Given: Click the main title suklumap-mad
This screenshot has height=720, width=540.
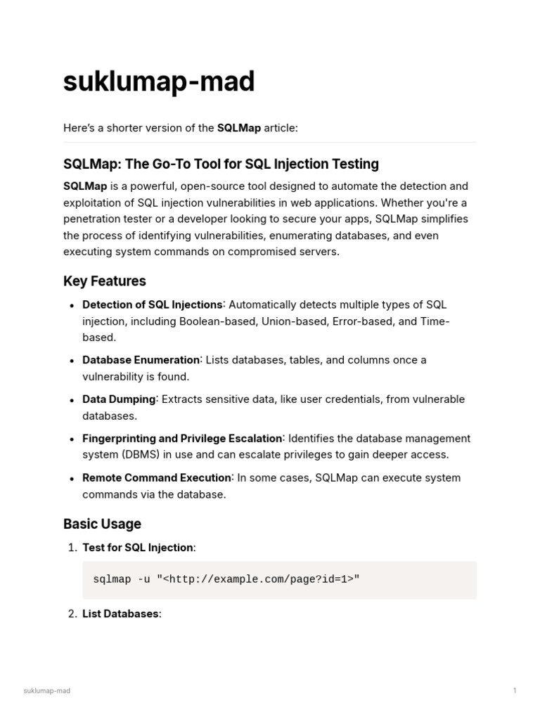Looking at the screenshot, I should click(x=159, y=82).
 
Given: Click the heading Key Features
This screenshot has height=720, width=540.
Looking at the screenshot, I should click(x=105, y=281).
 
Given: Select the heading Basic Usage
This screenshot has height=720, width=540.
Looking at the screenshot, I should click(x=102, y=524).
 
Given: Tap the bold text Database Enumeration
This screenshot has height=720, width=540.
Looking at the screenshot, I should click(x=141, y=360).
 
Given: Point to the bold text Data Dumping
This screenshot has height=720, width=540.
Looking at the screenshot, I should click(x=119, y=399).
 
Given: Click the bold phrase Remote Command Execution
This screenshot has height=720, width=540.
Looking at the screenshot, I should click(x=157, y=478).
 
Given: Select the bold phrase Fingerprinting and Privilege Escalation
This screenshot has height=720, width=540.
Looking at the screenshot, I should click(x=182, y=439).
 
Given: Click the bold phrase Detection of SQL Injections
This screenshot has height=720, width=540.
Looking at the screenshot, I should click(x=152, y=305).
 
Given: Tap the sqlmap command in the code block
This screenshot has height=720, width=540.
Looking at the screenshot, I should click(x=226, y=579).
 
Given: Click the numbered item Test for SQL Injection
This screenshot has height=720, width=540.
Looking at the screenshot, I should click(x=138, y=548).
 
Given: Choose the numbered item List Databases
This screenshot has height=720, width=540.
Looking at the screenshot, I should click(x=120, y=614).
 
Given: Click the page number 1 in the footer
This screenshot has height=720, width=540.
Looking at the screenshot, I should click(x=515, y=690).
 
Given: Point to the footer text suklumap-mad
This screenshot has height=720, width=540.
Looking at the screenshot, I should click(x=47, y=690).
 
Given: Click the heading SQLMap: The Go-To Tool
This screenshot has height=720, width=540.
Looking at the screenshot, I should click(x=221, y=164).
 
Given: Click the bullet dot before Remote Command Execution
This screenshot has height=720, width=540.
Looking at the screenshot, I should click(x=72, y=479).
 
